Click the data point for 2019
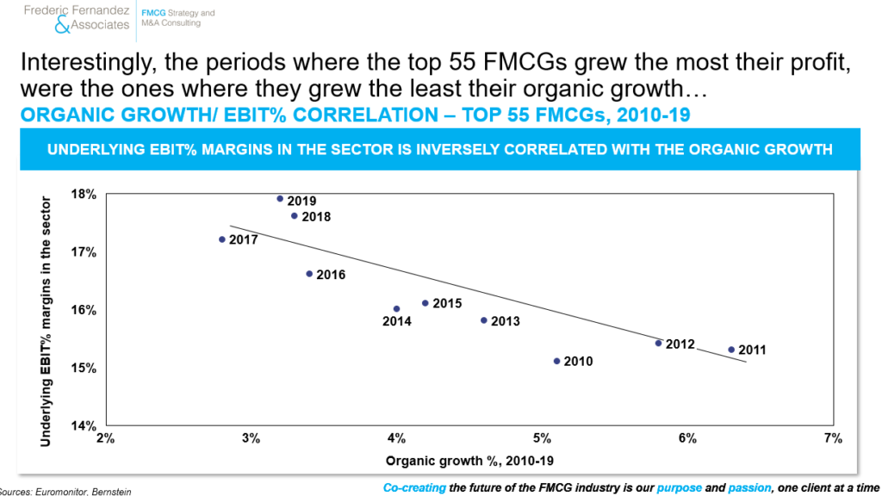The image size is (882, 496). [x=280, y=199]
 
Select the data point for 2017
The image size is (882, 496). [x=222, y=239]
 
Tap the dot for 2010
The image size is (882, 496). [x=557, y=361]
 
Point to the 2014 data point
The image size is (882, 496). [x=396, y=309]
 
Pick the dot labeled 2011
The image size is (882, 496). [x=731, y=350]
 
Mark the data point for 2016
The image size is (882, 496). [x=309, y=274]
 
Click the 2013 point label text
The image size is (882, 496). [x=505, y=321]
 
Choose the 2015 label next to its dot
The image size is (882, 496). [x=447, y=303]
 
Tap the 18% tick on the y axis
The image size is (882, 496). [x=84, y=194]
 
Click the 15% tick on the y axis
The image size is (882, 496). [x=84, y=368]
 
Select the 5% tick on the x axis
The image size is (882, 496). [x=542, y=438]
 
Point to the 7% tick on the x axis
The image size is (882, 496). [x=833, y=438]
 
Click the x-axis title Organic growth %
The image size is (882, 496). [x=444, y=462]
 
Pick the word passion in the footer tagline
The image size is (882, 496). [x=749, y=487]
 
